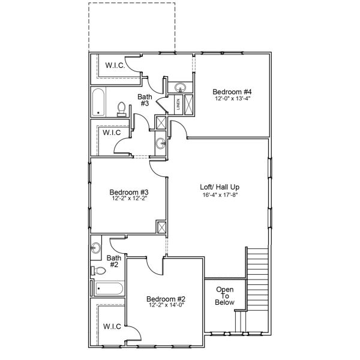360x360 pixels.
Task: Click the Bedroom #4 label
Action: point(231,91)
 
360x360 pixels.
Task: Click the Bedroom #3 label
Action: point(125,193)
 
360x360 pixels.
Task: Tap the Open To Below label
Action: point(224,296)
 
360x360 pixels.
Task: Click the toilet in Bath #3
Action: point(121,108)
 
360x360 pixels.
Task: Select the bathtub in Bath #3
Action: point(100,102)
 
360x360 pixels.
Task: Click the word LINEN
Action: point(178,105)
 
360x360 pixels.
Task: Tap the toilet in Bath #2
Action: point(99,271)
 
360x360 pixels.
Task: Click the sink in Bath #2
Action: point(96,247)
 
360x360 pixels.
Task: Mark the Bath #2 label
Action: point(114,262)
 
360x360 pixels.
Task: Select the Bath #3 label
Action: point(145,100)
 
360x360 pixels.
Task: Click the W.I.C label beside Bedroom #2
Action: point(112,326)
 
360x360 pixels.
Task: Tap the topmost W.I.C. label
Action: point(115,65)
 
